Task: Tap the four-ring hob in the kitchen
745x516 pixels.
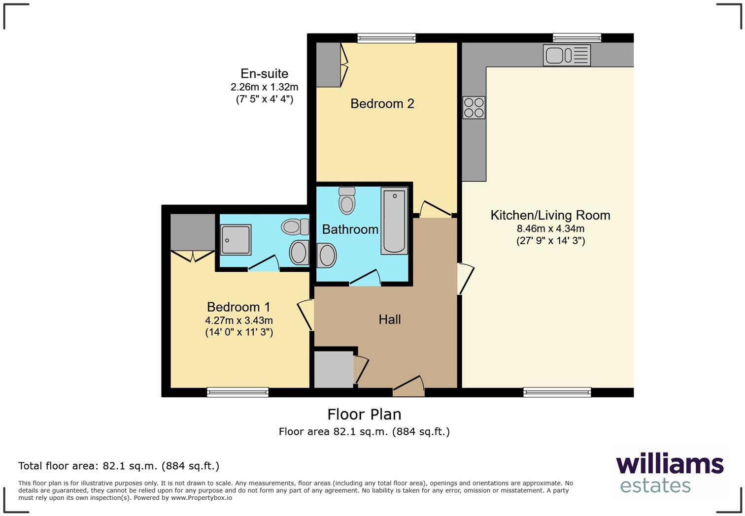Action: point(474,108)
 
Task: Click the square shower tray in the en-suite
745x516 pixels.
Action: point(236,239)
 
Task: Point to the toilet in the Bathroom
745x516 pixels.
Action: point(347,201)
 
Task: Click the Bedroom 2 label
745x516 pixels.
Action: point(382,103)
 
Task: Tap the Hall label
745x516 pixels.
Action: point(389,319)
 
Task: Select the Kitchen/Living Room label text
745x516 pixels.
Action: point(550,215)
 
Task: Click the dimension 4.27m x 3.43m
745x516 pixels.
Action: point(239,320)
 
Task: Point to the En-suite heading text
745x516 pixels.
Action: point(264,73)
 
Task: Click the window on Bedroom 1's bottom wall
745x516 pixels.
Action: point(237,392)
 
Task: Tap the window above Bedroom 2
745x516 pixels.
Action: point(386,38)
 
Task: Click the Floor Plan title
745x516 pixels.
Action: point(364,414)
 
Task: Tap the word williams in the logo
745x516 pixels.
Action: point(669,464)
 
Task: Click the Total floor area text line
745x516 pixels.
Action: point(118,466)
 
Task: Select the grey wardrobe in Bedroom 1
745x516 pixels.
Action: point(193,232)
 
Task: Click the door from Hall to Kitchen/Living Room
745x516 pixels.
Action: point(465,279)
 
